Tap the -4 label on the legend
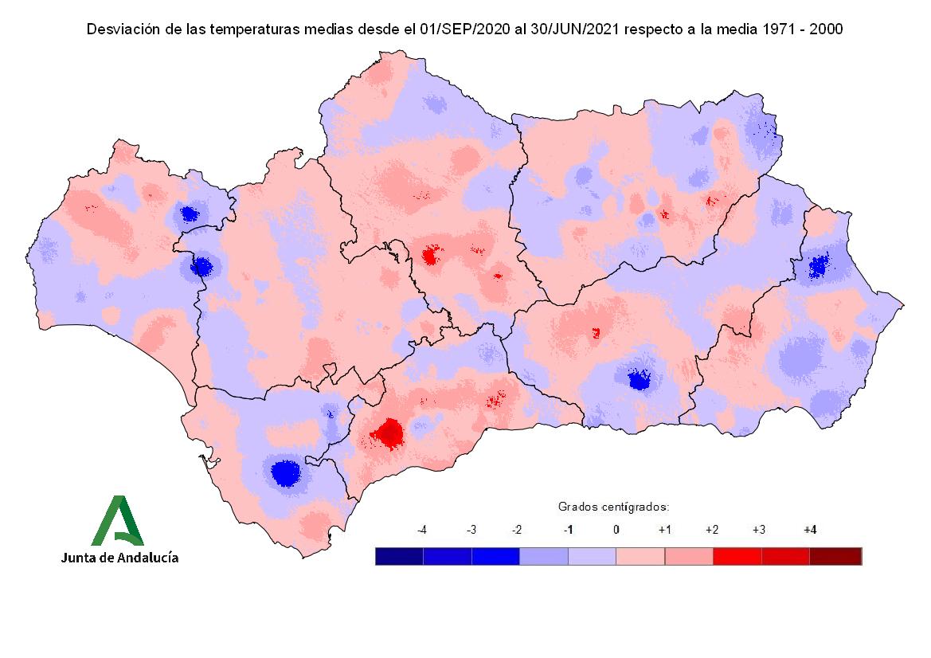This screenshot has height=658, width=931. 422,530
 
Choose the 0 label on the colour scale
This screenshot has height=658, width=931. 616,530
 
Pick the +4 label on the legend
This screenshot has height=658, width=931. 810,530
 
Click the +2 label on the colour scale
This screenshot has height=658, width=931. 713,530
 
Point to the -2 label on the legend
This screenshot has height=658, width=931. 518,530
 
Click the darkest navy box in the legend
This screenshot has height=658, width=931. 399,556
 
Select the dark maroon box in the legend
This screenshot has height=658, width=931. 835,556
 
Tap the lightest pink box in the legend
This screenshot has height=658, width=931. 640,556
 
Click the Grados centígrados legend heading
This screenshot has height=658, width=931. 612,507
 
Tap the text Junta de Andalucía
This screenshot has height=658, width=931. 119,558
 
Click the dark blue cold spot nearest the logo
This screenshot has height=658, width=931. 284,472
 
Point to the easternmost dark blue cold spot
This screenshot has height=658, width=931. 818,265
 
